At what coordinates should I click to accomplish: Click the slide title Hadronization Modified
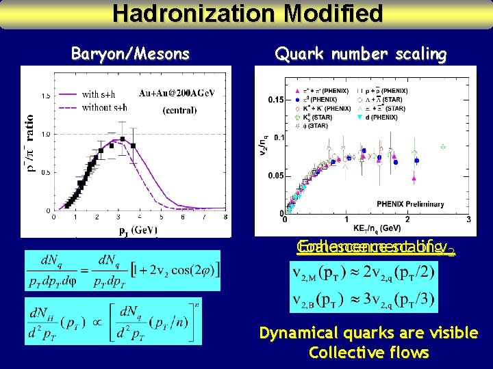[x=247, y=13]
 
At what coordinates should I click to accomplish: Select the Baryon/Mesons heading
[x=130, y=54]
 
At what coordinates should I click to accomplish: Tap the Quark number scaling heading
[x=360, y=54]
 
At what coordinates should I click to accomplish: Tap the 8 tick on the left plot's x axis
[x=225, y=217]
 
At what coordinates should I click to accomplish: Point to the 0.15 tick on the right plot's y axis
[x=275, y=100]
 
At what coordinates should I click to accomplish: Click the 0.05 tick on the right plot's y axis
[x=275, y=176]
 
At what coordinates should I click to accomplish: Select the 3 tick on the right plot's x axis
[x=468, y=219]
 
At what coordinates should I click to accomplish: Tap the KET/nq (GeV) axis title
[x=377, y=228]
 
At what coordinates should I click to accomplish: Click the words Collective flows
[x=368, y=353]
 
